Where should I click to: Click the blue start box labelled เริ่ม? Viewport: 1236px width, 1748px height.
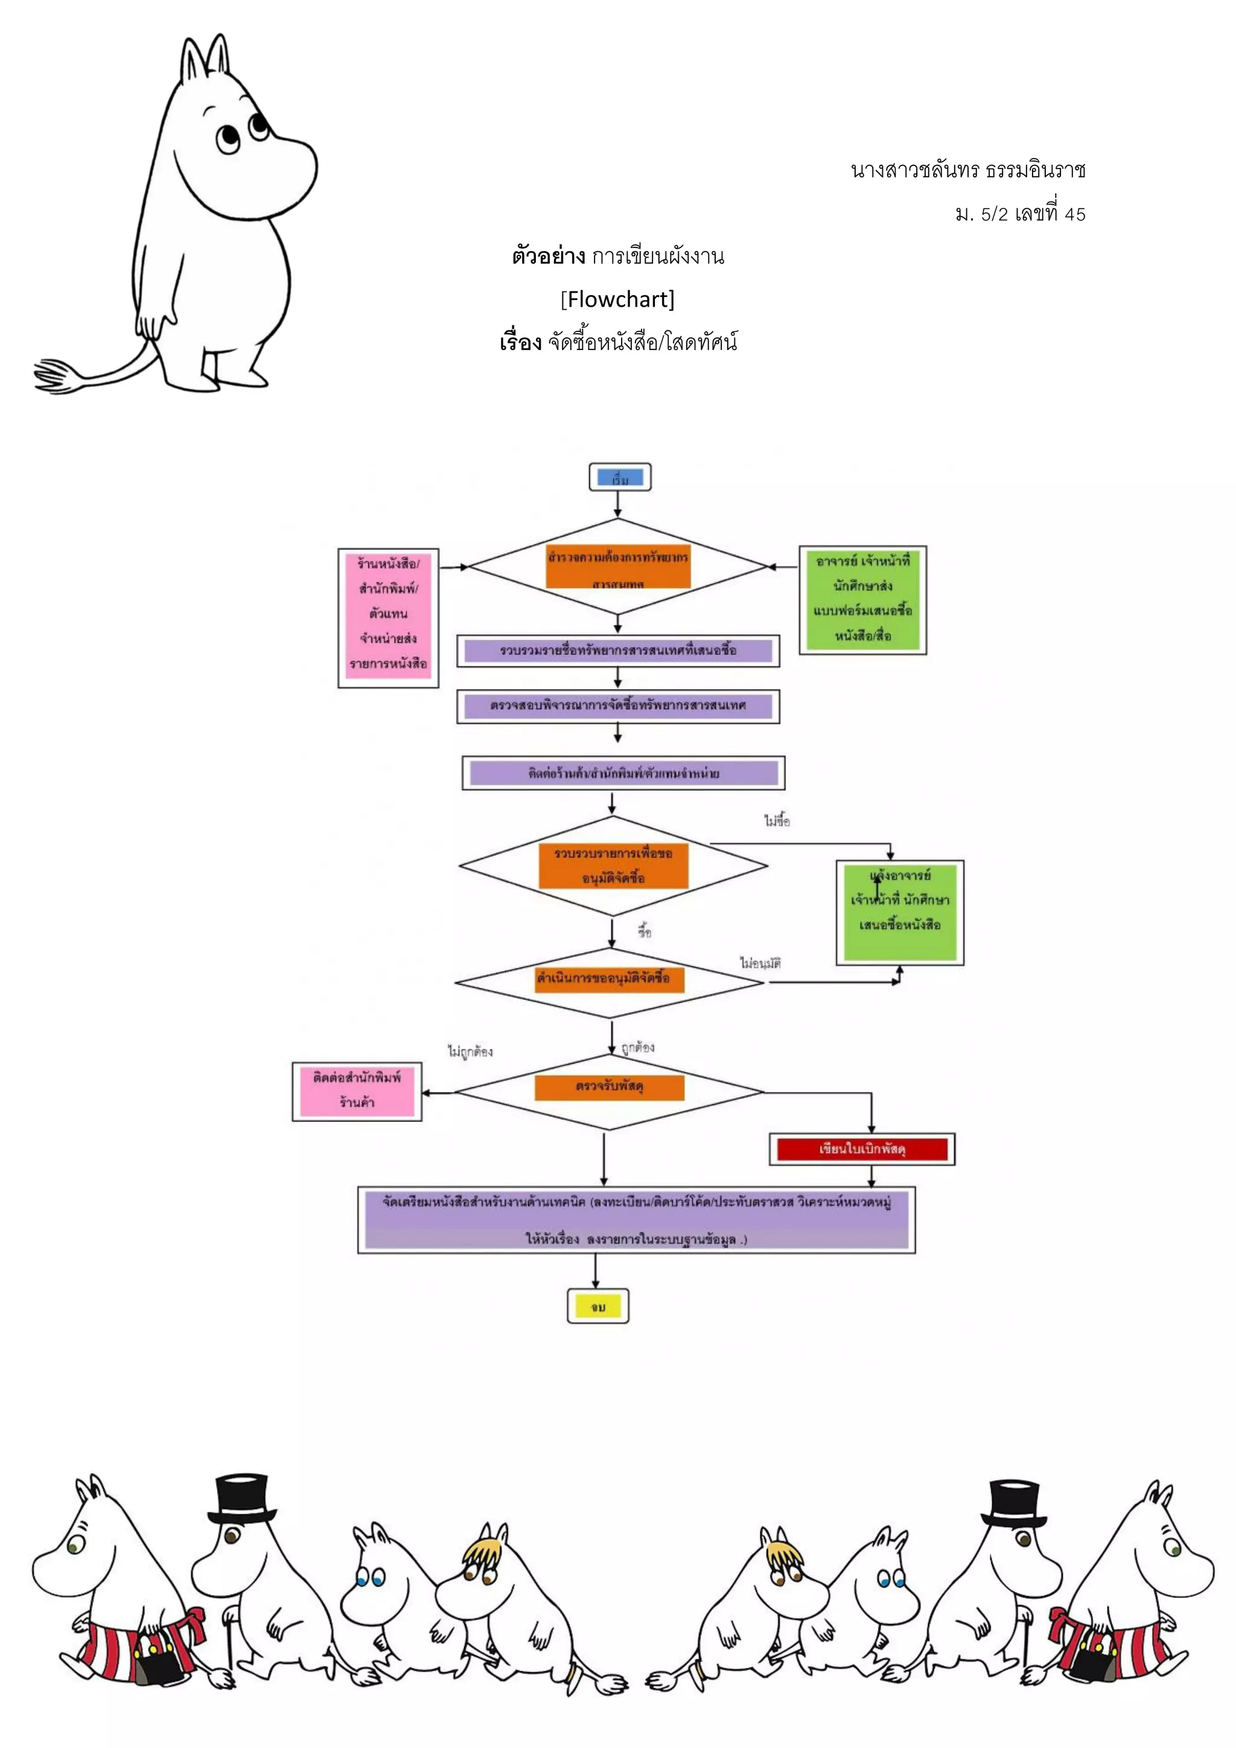tap(620, 477)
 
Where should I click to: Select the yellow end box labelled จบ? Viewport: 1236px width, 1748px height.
tap(597, 1306)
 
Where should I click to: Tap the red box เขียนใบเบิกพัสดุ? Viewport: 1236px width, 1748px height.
tap(862, 1149)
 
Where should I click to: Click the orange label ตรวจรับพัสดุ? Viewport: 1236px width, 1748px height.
tap(609, 1087)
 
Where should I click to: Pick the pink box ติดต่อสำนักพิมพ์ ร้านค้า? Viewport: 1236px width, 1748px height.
tap(356, 1091)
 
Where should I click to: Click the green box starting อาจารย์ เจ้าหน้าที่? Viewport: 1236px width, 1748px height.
tap(862, 600)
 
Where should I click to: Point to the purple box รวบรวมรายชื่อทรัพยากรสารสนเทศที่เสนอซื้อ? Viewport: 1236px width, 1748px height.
tap(617, 650)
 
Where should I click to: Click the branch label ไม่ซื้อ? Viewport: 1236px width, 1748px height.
tap(777, 821)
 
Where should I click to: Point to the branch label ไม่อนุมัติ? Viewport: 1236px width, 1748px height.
tap(760, 963)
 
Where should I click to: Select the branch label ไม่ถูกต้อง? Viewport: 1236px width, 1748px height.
tap(470, 1051)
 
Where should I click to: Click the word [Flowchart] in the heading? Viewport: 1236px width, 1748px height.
tap(617, 299)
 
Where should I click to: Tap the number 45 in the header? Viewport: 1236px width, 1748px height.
tap(1075, 215)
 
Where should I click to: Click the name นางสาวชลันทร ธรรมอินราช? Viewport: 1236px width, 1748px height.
tap(967, 170)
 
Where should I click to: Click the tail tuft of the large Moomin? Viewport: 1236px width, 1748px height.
tap(57, 376)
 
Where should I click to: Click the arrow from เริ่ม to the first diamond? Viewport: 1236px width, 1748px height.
tap(617, 504)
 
